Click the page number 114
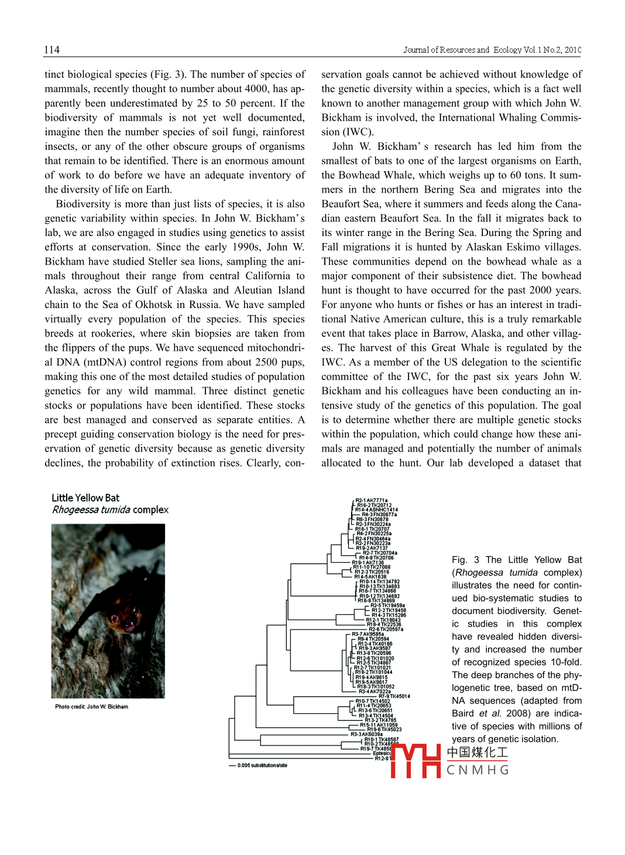pos(51,50)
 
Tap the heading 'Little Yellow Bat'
pos(85,498)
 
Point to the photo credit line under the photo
pos(91,707)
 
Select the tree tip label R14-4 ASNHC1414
pos(376,509)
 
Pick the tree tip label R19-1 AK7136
pos(368,562)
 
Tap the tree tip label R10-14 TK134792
pos(379,582)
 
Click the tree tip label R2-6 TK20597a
pos(386,629)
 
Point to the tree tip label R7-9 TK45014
pos(394,696)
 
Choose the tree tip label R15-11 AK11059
pos(378,725)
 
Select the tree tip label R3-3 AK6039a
pos(366,734)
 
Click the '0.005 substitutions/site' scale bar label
pos(262,765)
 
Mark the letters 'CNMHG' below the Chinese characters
pos(478,770)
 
